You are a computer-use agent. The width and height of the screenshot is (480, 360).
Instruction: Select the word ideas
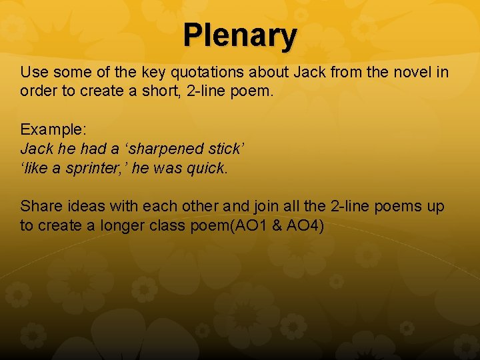(x=84, y=206)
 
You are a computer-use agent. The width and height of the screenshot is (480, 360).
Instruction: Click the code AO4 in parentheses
(x=301, y=226)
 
